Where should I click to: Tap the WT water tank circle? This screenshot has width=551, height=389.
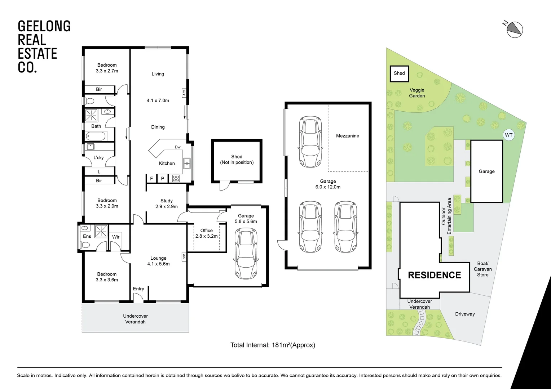(509, 135)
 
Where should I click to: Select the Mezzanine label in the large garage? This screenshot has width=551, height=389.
(347, 136)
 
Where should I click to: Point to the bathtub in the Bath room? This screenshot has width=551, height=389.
(96, 136)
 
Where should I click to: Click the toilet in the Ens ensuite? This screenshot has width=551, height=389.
(85, 245)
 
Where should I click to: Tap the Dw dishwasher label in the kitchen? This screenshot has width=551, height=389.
(178, 147)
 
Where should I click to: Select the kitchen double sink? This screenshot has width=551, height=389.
(187, 164)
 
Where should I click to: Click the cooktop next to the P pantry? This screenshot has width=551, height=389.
(176, 178)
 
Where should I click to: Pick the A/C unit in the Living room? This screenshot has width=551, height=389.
(184, 93)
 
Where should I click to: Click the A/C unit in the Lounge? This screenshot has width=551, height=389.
(184, 257)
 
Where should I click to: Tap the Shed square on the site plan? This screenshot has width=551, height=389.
(399, 73)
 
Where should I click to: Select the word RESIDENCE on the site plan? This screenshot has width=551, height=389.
(435, 275)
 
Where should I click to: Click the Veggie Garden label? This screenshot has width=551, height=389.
(417, 93)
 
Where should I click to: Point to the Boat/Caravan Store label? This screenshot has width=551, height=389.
(482, 269)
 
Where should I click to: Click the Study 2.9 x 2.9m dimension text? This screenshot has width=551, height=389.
(167, 206)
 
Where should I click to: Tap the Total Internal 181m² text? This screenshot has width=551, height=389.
(273, 345)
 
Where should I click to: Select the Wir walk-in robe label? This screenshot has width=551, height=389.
(116, 237)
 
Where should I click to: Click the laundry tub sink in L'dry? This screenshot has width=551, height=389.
(91, 147)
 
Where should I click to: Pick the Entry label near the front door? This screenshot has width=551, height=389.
(138, 289)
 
